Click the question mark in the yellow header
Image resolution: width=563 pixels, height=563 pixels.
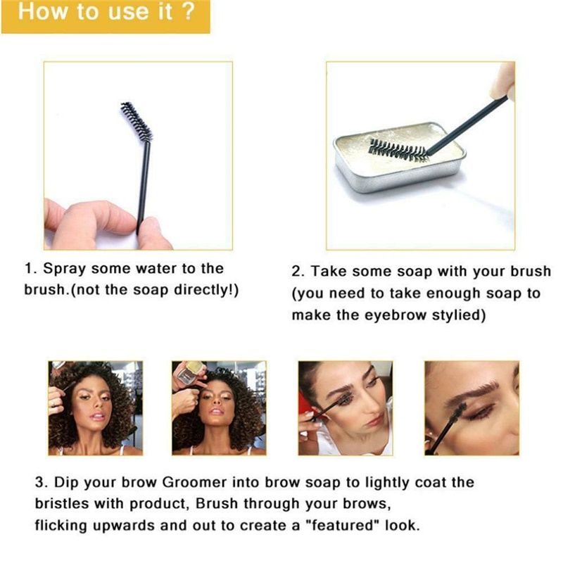click(186, 14)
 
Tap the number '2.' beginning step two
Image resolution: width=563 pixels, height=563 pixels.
click(298, 271)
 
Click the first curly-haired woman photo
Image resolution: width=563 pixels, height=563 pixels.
click(95, 408)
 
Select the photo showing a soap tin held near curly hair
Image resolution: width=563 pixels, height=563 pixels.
click(219, 408)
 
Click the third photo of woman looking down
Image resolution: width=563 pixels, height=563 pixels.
click(345, 408)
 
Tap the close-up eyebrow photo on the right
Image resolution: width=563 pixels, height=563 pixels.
click(471, 408)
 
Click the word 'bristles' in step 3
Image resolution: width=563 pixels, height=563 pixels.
click(65, 504)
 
